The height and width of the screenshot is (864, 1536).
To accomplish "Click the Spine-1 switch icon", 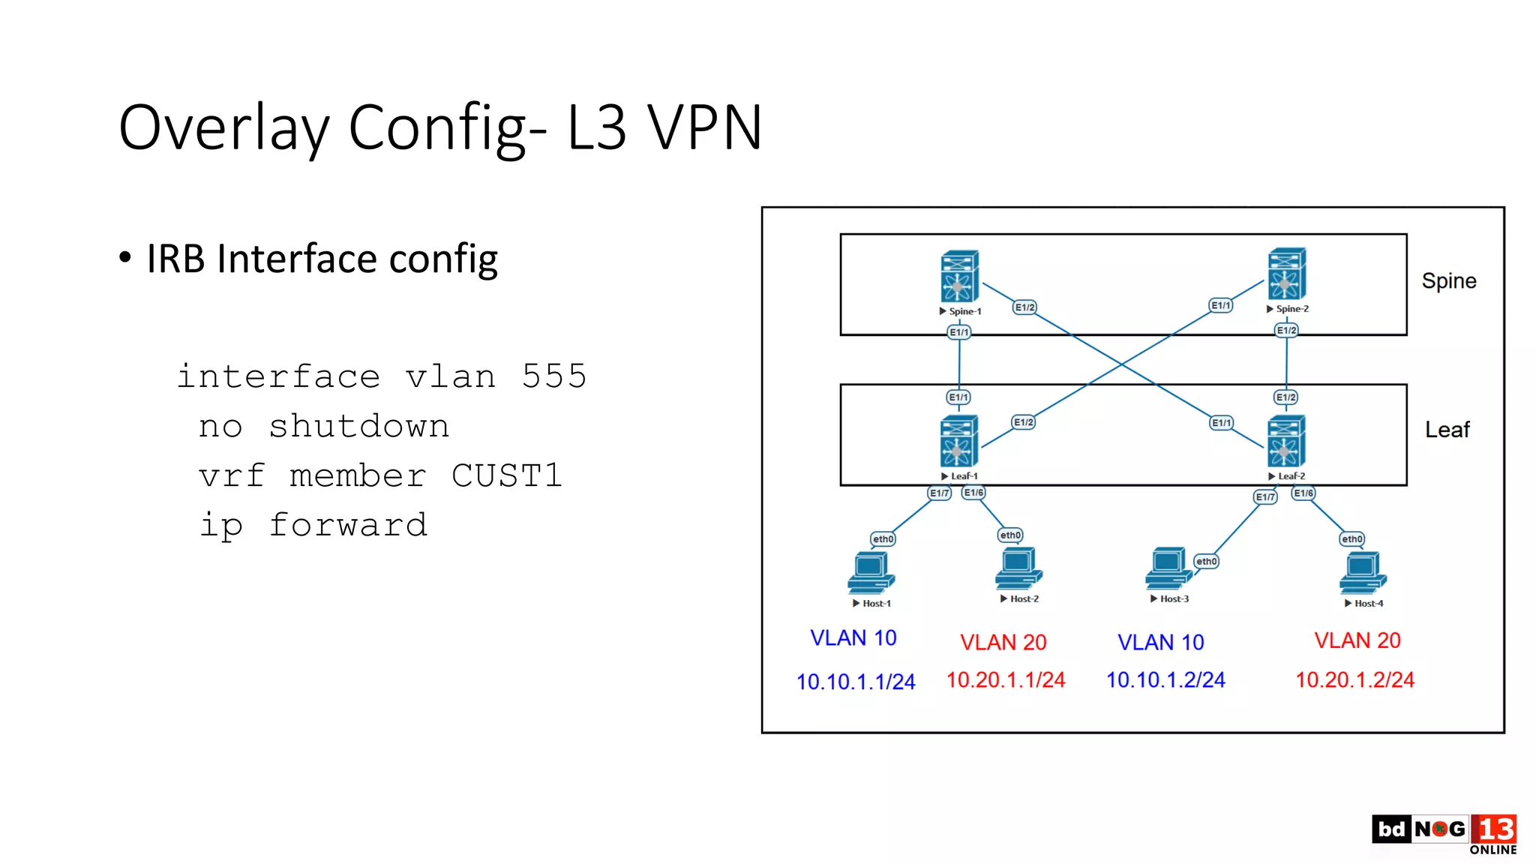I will point(959,276).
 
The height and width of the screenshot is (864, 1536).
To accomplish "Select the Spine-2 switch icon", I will point(1286,274).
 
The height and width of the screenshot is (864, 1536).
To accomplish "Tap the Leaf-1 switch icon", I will point(958,441).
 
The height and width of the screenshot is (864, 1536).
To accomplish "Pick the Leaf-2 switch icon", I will point(1285,441).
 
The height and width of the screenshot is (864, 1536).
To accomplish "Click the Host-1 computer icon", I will point(871,573).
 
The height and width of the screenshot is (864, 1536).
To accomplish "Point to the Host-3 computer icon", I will point(1168,568).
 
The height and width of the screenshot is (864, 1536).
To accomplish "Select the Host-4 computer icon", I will point(1363,573).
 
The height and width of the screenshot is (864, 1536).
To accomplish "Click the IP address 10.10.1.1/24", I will point(855,682).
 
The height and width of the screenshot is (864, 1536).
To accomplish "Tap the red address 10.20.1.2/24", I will point(1354,679).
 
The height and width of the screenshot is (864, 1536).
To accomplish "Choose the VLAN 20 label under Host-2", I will point(1003,642).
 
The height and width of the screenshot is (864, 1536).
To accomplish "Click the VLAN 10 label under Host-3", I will point(1160,642).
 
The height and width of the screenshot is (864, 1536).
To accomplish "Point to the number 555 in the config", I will point(553,376).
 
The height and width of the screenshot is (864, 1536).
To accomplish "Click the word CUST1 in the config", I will point(506,475).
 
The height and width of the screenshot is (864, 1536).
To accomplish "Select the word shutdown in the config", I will point(358,426).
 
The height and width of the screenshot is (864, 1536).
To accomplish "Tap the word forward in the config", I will point(348,525).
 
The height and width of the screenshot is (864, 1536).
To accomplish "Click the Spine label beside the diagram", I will point(1448,280).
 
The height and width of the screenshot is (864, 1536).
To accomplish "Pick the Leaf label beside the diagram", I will point(1447,430).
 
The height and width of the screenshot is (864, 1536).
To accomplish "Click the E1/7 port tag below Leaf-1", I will point(939,493).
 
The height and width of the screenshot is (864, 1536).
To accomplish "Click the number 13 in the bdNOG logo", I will point(1494,829).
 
